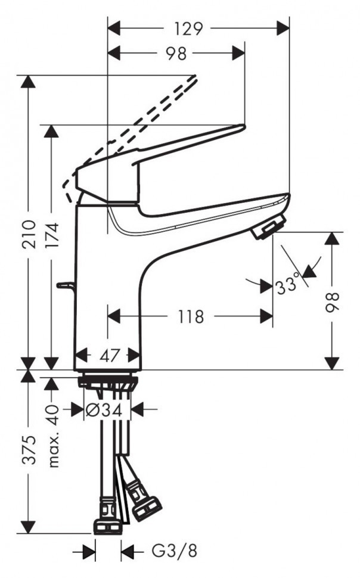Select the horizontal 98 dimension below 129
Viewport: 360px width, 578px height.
[176, 54]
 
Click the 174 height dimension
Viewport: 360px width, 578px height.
[52, 235]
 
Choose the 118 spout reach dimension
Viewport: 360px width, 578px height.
[191, 316]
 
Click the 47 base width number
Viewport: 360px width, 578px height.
[108, 356]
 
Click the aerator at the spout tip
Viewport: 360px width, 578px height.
[268, 229]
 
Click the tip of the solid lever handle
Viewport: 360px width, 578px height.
[242, 126]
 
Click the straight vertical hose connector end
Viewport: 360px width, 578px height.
[108, 526]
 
